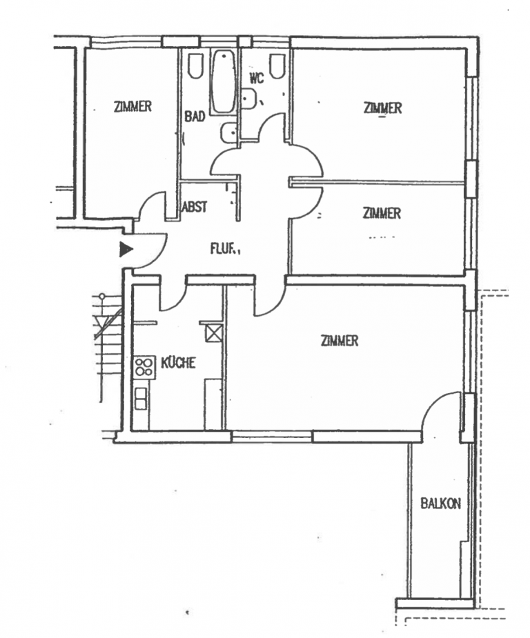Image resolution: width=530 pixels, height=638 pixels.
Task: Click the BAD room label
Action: click(195, 117)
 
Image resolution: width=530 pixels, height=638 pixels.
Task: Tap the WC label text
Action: click(257, 78)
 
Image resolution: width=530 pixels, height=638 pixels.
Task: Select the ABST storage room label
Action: click(195, 206)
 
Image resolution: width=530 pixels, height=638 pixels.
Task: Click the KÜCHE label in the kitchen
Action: click(178, 363)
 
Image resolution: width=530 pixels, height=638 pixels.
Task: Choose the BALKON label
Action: click(440, 504)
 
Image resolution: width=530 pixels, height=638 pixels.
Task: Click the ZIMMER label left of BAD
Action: click(132, 107)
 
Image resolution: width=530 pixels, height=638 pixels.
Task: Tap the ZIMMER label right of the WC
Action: click(382, 108)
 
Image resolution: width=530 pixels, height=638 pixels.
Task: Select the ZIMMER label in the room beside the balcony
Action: click(340, 341)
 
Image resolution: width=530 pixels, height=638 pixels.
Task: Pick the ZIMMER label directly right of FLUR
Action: click(382, 214)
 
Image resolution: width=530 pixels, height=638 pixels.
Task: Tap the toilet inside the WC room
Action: click(277, 66)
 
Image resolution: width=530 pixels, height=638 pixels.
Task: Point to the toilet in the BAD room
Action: click(195, 66)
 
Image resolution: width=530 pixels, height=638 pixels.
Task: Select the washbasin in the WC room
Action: click(249, 101)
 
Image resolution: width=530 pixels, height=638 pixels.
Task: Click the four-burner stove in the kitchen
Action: click(144, 366)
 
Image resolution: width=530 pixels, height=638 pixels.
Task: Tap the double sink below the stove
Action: click(141, 398)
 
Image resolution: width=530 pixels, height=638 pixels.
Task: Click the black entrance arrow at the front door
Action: click(126, 249)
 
